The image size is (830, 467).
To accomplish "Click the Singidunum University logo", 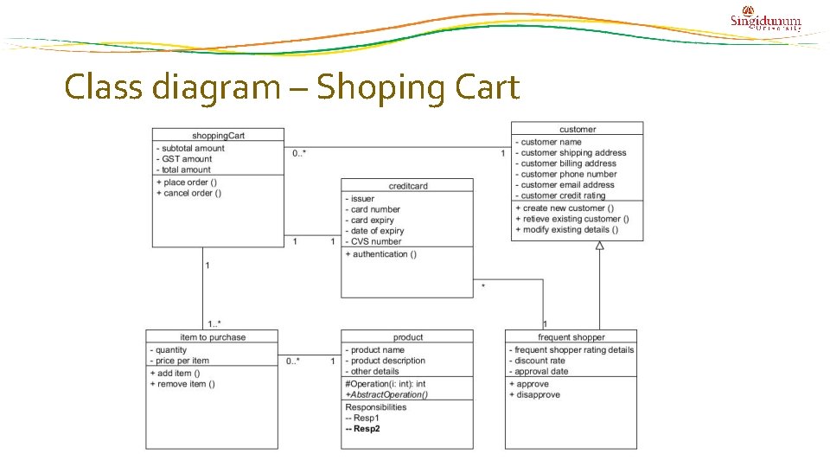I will [766, 20].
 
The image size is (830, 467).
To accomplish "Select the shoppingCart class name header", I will [217, 135].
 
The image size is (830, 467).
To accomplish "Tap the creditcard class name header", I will [407, 185].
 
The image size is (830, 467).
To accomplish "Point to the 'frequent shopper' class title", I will [571, 336].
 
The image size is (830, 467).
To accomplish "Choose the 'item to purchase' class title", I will [212, 336].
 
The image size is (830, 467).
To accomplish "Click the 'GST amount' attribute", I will [184, 159].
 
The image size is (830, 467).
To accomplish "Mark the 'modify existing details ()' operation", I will [566, 229].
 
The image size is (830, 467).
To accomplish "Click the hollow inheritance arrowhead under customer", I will [599, 246].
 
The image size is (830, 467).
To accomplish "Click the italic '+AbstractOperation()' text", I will [386, 394].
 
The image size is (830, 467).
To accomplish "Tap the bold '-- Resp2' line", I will [362, 428].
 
